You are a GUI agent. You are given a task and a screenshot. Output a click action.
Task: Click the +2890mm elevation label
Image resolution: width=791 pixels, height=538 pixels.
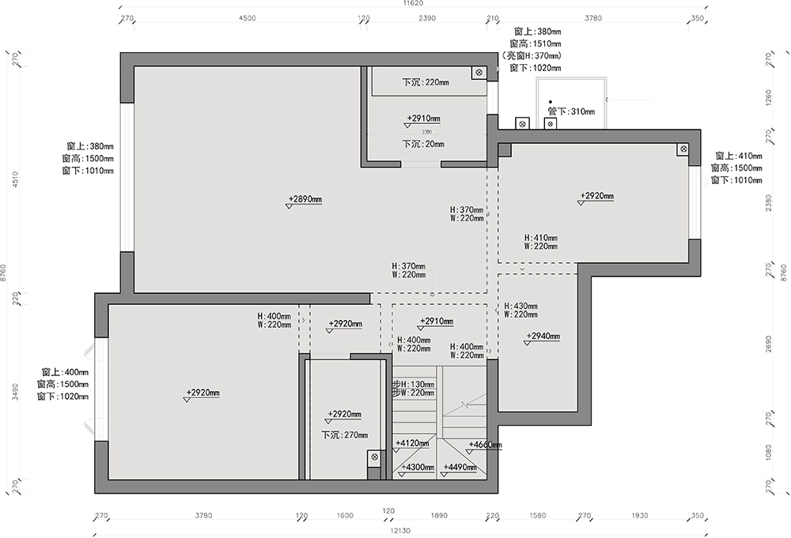[x=305, y=199]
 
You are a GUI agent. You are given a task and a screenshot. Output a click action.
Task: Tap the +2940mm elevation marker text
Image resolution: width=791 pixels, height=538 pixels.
[x=543, y=336]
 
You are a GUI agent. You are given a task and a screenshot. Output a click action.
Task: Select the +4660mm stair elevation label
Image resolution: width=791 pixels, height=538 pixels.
[x=485, y=445]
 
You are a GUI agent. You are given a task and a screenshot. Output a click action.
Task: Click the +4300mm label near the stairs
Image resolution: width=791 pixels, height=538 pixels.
[x=418, y=467]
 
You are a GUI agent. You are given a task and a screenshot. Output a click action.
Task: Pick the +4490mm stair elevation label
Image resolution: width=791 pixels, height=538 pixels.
[x=460, y=467]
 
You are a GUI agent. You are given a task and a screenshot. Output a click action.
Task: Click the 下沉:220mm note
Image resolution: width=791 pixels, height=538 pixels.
[x=425, y=82]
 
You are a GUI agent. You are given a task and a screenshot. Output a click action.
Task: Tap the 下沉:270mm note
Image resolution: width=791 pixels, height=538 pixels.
[x=344, y=435]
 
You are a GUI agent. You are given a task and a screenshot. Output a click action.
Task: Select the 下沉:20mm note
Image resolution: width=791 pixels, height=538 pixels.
[x=423, y=145]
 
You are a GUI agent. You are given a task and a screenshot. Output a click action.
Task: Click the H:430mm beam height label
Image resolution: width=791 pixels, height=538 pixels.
[x=520, y=306]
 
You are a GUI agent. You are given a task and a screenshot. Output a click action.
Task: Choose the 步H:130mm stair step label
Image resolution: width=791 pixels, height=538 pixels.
[x=413, y=384]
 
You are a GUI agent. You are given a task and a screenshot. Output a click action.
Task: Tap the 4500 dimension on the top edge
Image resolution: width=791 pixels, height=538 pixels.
[x=247, y=18]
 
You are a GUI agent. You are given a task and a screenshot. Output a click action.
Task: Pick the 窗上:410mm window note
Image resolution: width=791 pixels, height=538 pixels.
[x=739, y=156]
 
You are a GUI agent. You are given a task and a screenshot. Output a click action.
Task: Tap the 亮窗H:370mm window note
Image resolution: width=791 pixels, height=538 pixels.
[x=532, y=56]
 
